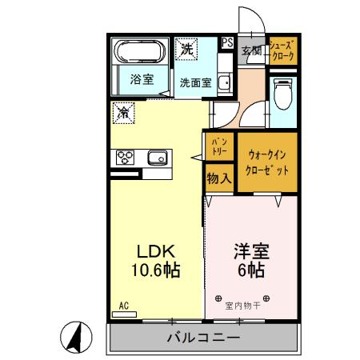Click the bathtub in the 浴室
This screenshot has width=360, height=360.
click(141, 54)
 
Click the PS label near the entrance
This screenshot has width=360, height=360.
click(228, 42)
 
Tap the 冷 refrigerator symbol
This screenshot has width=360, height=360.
click(123, 114)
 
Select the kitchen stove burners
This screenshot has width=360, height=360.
click(125, 157)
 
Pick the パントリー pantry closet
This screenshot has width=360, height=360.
click(218, 147)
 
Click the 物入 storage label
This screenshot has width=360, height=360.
click(218, 178)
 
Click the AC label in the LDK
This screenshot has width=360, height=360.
click(124, 306)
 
